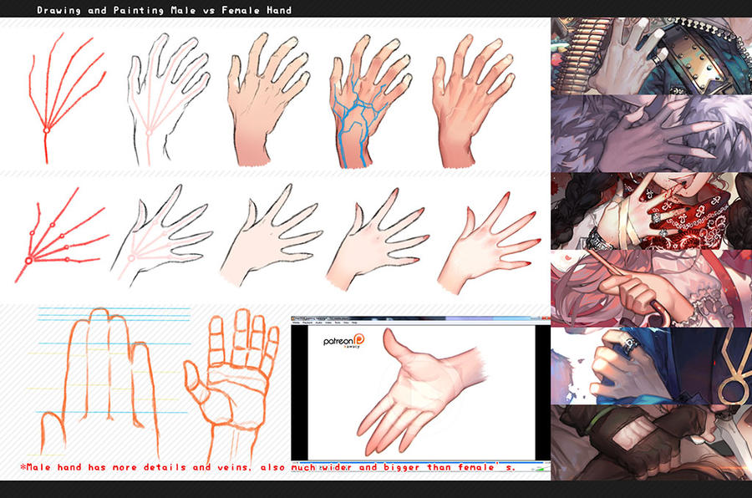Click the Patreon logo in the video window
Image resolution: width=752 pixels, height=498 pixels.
point(344,343)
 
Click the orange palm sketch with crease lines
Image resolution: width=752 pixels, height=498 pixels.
point(230,376)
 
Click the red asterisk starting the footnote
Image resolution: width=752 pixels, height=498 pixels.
point(23,467)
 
